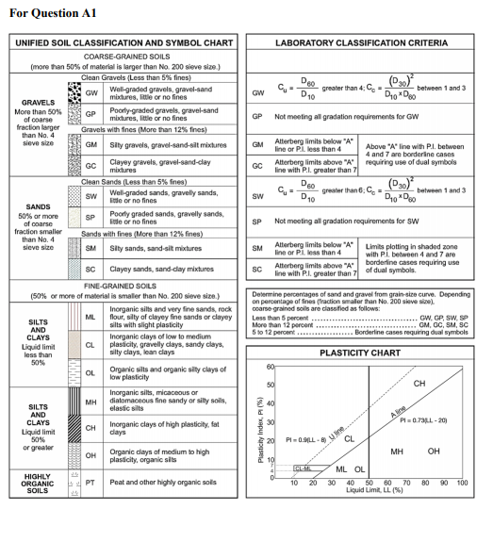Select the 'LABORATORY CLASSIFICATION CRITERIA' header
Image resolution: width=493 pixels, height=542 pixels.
[x=370, y=44]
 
